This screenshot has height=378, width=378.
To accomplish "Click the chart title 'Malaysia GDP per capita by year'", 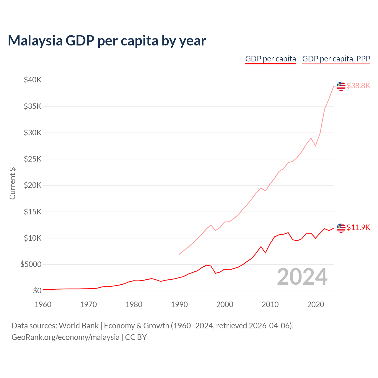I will [x=107, y=40].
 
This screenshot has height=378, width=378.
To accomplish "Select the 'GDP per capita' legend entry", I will [x=271, y=59].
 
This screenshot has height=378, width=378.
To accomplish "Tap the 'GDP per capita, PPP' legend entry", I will [x=336, y=59].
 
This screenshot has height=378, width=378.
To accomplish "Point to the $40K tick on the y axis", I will [x=33, y=80].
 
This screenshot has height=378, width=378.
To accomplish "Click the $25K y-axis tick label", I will [x=33, y=159].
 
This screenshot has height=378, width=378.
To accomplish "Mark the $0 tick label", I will [x=37, y=291].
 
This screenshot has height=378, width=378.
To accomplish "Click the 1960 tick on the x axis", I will [x=43, y=304].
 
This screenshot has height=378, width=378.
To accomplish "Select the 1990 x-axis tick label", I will [x=179, y=304].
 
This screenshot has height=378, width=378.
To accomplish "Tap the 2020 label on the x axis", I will [x=315, y=304].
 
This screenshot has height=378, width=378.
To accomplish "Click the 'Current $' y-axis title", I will [x=12, y=183].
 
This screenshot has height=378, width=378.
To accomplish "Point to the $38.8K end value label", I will [x=358, y=86].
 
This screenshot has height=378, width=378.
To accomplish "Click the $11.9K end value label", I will [x=358, y=227].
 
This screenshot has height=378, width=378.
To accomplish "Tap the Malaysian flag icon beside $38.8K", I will [x=341, y=86].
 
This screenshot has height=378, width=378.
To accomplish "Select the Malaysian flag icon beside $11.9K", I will [x=341, y=228].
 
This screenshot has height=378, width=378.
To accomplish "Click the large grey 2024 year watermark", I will [x=302, y=277].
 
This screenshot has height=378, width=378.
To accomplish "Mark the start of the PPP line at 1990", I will [x=179, y=254].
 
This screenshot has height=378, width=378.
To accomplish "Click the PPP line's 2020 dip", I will [x=315, y=146].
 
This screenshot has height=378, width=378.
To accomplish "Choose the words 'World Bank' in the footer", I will [x=79, y=326].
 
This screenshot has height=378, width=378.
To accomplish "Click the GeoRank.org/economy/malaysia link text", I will [x=65, y=337].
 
